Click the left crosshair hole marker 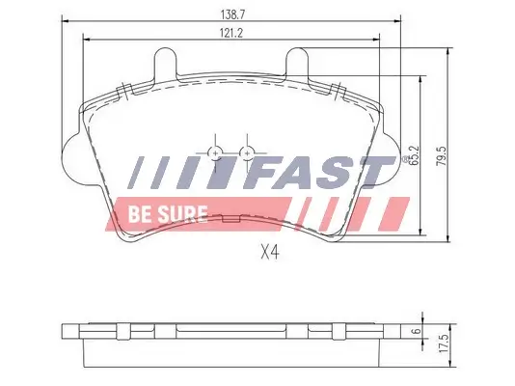(214, 152)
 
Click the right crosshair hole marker (248, 152)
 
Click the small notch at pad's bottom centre (230, 220)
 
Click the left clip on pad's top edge (123, 92)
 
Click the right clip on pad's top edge (338, 92)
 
